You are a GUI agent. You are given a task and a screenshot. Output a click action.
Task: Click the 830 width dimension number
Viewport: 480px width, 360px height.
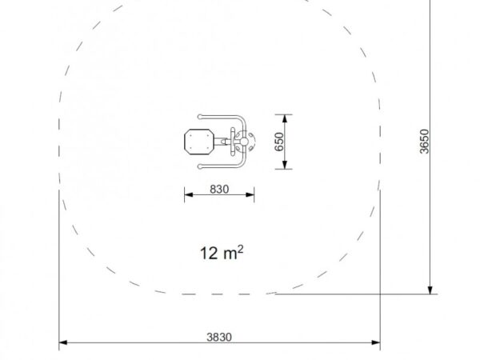(x=219, y=189)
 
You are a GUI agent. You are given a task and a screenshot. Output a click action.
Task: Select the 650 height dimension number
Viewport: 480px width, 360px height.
(x=279, y=142)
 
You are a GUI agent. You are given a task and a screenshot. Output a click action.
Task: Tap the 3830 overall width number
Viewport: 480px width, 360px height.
(x=219, y=337)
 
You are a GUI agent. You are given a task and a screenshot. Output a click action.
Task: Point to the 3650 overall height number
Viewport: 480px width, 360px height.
(x=425, y=142)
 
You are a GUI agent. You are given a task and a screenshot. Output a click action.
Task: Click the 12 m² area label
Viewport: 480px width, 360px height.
(x=222, y=253)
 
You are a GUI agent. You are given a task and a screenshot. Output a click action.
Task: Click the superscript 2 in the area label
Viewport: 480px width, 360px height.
(x=240, y=249)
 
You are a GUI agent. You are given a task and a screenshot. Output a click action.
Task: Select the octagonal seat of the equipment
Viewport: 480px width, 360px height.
(x=199, y=142)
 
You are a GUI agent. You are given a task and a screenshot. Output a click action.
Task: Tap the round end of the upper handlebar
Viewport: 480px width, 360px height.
(x=200, y=117)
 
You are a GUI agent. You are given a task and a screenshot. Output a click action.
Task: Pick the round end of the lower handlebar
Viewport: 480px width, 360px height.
(x=200, y=166)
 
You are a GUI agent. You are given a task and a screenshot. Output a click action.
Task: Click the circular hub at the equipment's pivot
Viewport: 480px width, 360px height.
(x=244, y=142)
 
